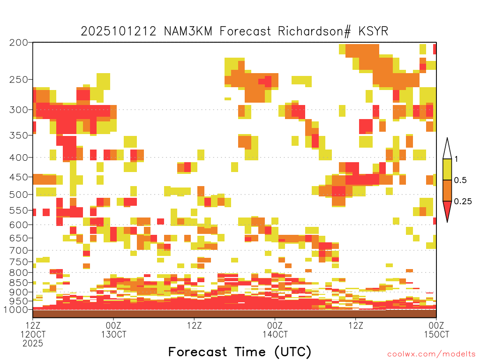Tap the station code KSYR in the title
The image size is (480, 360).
(x=373, y=31)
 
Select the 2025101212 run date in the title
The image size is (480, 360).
(x=119, y=31)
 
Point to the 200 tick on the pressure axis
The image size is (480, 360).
(x=18, y=43)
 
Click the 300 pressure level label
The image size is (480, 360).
(x=18, y=110)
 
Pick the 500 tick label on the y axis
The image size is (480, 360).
(x=18, y=195)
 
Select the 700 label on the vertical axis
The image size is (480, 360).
(x=18, y=250)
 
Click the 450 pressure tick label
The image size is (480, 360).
(x=18, y=177)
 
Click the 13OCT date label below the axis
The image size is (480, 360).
(x=113, y=334)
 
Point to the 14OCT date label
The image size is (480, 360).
(x=275, y=334)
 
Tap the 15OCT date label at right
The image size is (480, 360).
(x=436, y=334)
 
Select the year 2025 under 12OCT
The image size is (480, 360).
(x=33, y=344)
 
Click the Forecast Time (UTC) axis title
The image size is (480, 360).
(x=240, y=352)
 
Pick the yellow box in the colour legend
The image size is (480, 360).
(x=447, y=169)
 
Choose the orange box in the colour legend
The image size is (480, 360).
(x=447, y=190)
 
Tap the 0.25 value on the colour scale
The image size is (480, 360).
(x=463, y=202)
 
